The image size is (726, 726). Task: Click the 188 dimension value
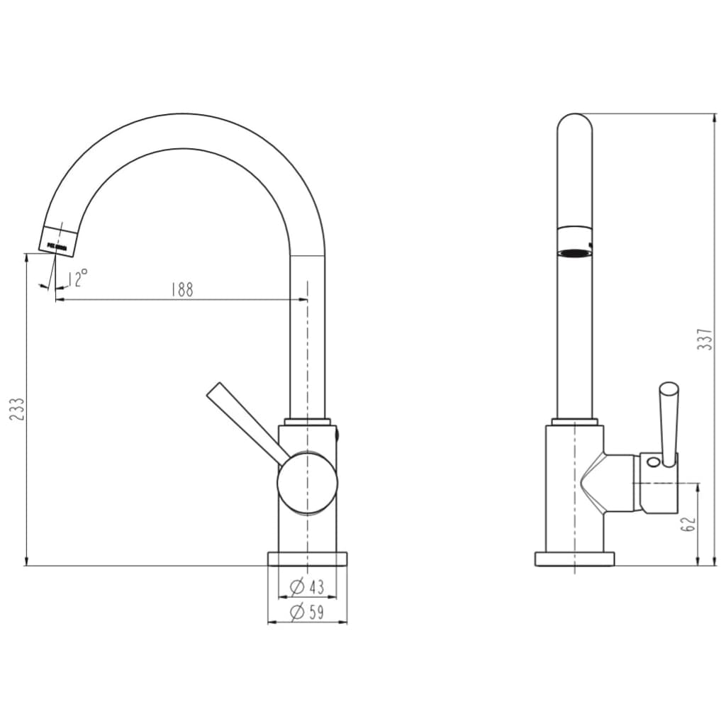[181, 289]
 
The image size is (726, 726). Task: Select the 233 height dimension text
[17, 410]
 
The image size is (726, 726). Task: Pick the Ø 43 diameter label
[307, 587]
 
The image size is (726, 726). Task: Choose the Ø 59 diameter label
[307, 612]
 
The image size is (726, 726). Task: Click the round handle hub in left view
[307, 482]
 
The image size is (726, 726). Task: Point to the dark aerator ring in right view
[574, 252]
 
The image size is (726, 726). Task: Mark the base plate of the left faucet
[308, 559]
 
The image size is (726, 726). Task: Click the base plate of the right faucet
[574, 559]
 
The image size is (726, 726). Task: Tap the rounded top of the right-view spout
[574, 124]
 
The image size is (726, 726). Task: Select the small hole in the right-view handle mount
[653, 464]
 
